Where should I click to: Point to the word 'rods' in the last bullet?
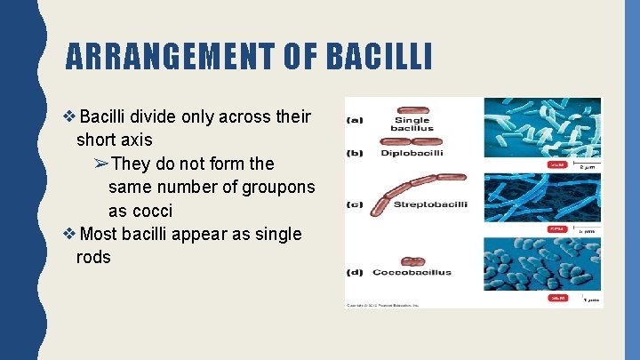(93, 257)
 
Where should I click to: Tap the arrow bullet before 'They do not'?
(100, 164)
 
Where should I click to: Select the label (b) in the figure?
(355, 153)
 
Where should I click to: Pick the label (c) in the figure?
(355, 205)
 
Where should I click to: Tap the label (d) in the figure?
(355, 272)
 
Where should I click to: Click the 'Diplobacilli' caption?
(411, 153)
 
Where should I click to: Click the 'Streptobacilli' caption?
(430, 205)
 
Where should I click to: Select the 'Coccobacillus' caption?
(412, 272)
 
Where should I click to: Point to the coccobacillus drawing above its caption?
(412, 261)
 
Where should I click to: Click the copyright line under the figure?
(382, 305)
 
